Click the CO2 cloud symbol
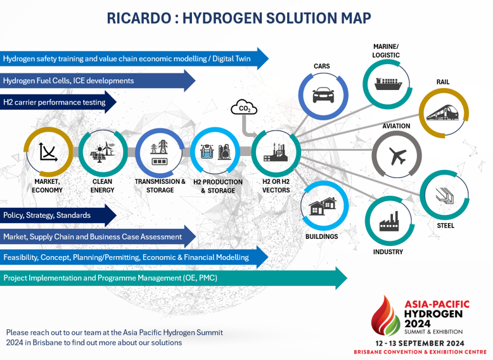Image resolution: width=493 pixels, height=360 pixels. pos(244,108)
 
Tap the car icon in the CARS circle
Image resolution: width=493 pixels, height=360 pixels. pos(323,95)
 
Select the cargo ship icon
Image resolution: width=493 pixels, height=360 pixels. pos(388,84)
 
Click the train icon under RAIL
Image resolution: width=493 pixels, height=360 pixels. pos(443,113)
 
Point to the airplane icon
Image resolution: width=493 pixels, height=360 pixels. pos(397,156)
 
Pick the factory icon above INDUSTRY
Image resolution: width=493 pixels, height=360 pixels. pos(389,221)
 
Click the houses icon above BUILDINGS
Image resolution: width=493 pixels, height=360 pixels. pos(323,206)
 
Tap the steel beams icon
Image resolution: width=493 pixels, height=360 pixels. pos(445,196)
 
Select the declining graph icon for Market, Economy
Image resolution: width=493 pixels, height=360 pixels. pos(48,152)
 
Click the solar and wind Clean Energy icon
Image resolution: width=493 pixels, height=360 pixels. pos(103,152)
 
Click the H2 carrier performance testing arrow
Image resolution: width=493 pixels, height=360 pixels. pos(58,102)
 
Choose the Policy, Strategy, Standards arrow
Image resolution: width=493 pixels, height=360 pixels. pos(58,215)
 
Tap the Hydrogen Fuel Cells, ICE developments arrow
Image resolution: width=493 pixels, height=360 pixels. pos(98,80)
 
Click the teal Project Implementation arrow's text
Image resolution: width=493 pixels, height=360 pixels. pos(110,278)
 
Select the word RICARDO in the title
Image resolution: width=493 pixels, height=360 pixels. pos(139,18)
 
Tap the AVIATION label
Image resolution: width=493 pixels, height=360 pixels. pos(396,126)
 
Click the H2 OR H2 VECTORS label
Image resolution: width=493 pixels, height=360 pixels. pos(276,186)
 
